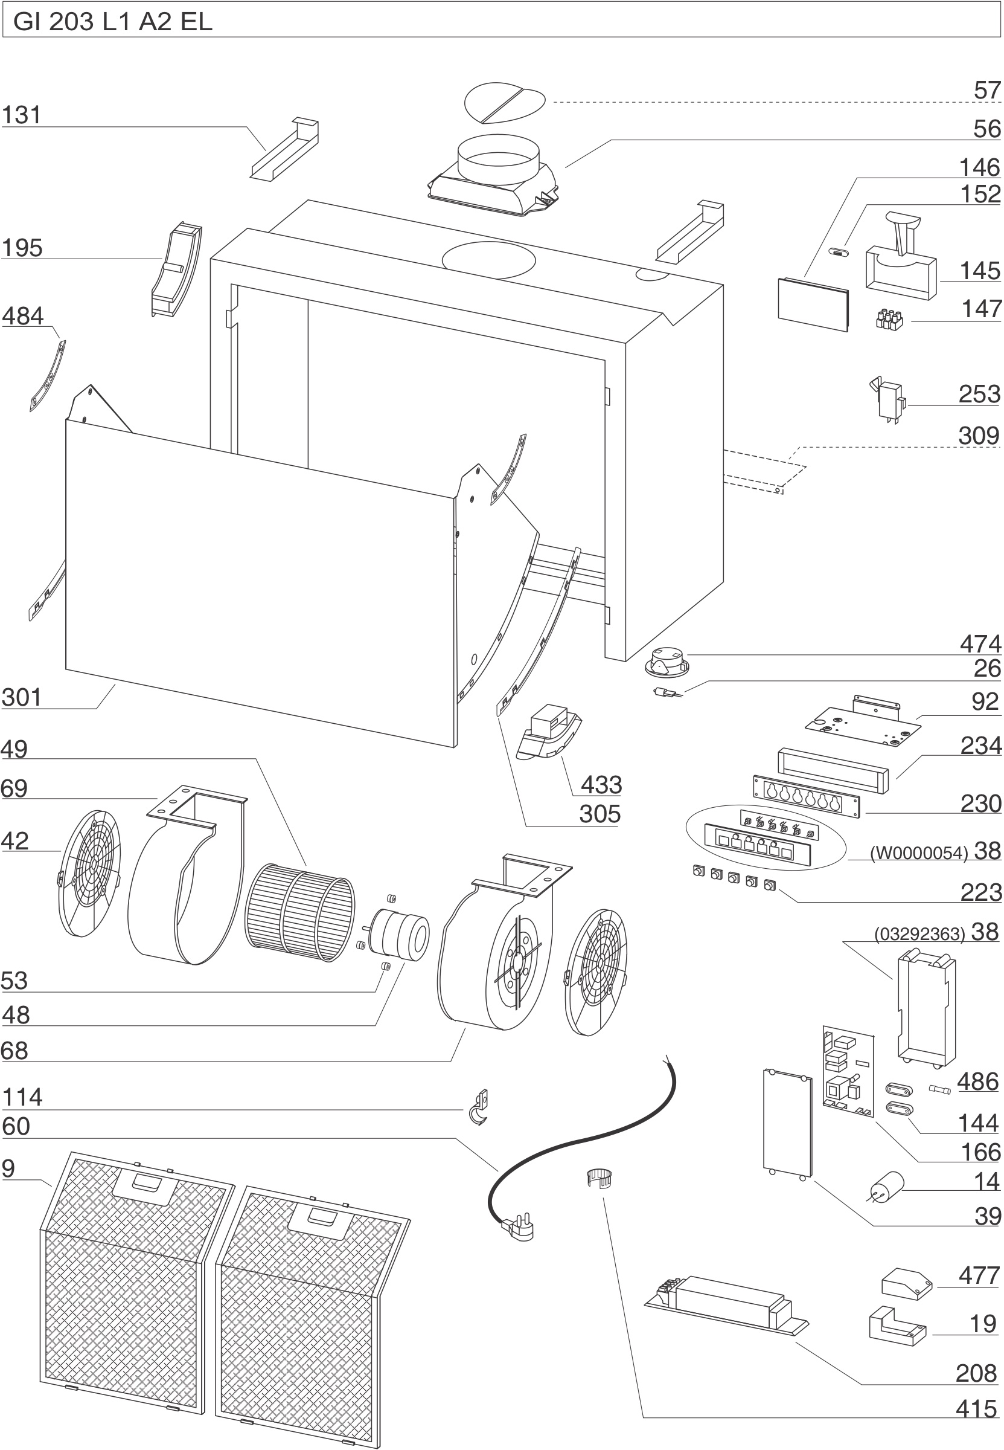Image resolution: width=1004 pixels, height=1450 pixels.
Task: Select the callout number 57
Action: [986, 91]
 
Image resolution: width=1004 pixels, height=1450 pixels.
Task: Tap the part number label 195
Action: [22, 248]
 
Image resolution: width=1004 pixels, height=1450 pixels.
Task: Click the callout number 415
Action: [976, 1409]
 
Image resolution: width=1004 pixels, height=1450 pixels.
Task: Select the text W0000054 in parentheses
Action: [918, 853]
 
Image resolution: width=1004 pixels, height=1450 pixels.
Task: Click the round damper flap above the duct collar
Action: [505, 101]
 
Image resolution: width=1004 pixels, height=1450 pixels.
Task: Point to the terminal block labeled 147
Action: [889, 320]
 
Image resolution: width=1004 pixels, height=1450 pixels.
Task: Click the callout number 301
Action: [22, 697]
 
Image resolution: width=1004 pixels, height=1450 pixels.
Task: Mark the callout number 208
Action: [976, 1373]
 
